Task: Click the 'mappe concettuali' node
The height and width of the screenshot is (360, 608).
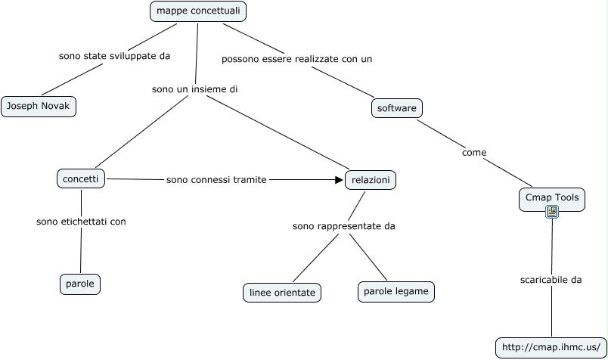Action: pos(199,11)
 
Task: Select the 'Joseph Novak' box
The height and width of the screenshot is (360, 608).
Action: pos(38,107)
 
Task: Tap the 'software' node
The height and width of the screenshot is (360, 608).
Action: pos(397,108)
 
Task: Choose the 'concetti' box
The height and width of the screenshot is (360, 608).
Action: pos(80,178)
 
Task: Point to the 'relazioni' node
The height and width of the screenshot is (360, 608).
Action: pos(371,180)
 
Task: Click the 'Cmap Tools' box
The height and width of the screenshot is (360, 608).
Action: pos(551,197)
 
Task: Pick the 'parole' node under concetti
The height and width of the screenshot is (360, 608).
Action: pos(80,284)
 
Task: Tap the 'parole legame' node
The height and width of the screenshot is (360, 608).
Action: pos(396,291)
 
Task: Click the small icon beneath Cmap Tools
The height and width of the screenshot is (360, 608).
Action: pos(552,212)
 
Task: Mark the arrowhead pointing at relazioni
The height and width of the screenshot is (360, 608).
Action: pos(339,180)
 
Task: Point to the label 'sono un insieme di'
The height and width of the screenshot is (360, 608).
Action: pos(195,89)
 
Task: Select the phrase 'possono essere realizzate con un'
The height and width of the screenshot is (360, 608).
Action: pos(296,58)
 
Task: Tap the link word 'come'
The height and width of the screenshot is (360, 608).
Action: pos(474,153)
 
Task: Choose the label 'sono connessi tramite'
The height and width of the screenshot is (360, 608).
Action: pos(216,180)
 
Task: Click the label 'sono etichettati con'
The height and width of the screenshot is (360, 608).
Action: pos(81,222)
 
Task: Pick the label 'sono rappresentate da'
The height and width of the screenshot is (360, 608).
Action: pos(344,225)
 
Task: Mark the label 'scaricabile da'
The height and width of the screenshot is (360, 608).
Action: pos(551,280)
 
